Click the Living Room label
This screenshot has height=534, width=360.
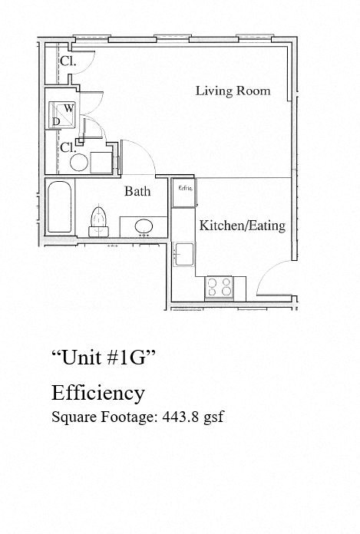click(233, 91)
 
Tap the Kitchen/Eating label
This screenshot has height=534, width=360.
click(242, 226)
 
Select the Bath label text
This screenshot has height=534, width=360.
click(137, 191)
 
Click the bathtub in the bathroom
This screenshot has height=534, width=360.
click(58, 206)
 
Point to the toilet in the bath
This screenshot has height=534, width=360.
click(97, 219)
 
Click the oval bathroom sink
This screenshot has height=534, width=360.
click(141, 226)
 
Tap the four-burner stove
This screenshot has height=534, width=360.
click(220, 287)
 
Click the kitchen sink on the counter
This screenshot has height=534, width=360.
click(183, 253)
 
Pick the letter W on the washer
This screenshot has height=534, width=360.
click(68, 108)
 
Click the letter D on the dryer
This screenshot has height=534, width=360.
click(56, 121)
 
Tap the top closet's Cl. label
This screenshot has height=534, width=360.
click(68, 61)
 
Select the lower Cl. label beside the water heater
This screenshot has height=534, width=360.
click(67, 147)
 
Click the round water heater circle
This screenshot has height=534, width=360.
click(78, 162)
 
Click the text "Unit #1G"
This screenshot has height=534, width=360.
click(104, 357)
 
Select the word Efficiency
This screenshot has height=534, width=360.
click(97, 393)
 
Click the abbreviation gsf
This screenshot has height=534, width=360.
click(213, 418)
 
